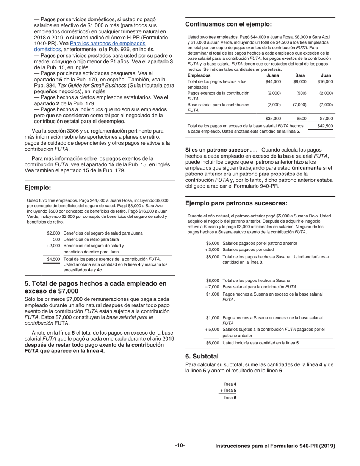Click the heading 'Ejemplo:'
click(x=38, y=188)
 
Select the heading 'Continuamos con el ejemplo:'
click(x=228, y=25)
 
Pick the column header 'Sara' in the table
click(x=300, y=75)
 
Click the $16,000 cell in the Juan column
click(x=325, y=81)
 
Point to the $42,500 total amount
click(x=325, y=126)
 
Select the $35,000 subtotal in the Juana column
click(x=273, y=119)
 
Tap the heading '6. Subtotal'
click(x=202, y=356)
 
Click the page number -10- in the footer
click(x=180, y=446)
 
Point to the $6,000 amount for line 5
click(x=212, y=343)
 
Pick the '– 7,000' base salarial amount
click(x=212, y=287)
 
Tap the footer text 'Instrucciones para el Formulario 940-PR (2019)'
click(x=275, y=446)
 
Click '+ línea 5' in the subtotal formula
click(x=228, y=390)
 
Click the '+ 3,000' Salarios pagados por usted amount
click(x=212, y=249)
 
